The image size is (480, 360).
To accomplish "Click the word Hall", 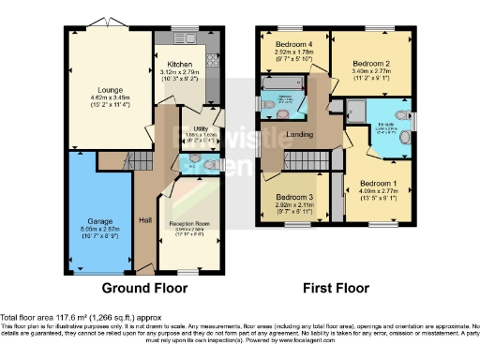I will (x=145, y=219).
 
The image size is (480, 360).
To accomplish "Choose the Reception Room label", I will (x=188, y=224).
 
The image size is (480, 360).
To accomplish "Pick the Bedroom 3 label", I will (x=293, y=197).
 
